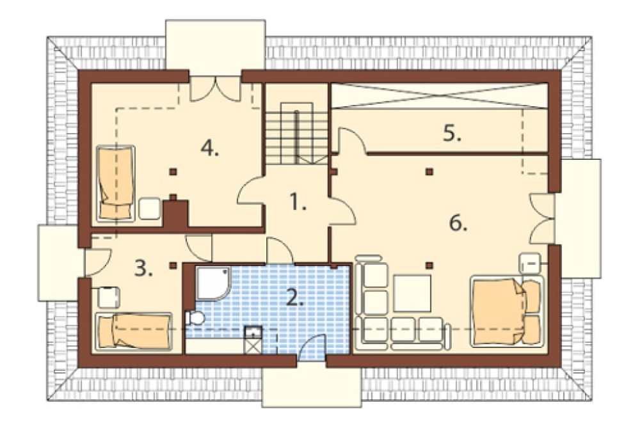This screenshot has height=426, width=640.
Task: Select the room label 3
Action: tap(143, 268)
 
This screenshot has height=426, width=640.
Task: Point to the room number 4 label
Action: tap(210, 148)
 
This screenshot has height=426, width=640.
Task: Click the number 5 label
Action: tap(452, 133)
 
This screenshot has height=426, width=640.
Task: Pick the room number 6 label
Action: tap(458, 223)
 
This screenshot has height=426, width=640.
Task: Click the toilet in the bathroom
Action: tap(195, 319)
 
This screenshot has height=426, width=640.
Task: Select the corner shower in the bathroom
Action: tap(214, 283)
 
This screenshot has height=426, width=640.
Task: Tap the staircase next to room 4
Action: tap(297, 132)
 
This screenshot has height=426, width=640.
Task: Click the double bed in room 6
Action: tap(508, 312)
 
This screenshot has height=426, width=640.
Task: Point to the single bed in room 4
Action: tap(116, 183)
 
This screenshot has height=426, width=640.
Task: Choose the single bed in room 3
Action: tap(134, 331)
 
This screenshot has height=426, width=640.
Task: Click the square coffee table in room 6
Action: tap(412, 293)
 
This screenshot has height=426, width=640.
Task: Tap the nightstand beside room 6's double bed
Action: tap(530, 264)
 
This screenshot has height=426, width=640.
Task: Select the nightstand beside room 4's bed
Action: tap(150, 209)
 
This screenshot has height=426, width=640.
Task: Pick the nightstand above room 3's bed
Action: tap(109, 297)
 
